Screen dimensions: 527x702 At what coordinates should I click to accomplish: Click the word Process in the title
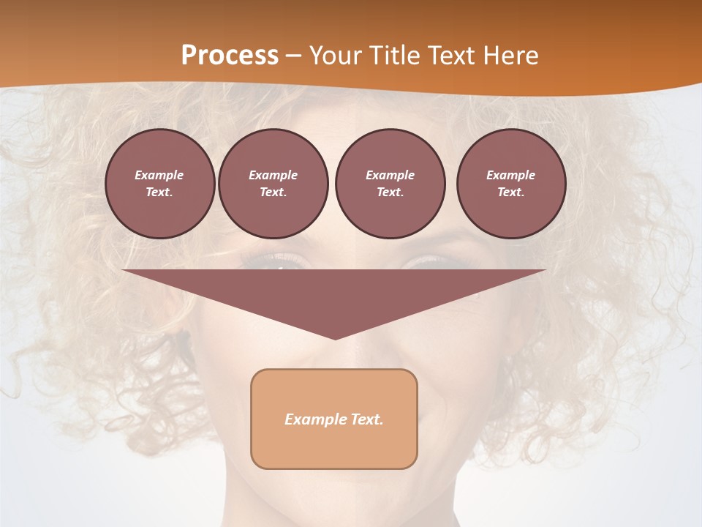tap(230, 55)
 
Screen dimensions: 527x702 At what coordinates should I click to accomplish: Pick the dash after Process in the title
tap(294, 56)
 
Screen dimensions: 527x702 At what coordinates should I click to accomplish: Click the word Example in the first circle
tap(159, 175)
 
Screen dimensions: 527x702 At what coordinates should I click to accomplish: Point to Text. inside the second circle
tap(273, 192)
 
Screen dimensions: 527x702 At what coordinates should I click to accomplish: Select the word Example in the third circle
tap(390, 175)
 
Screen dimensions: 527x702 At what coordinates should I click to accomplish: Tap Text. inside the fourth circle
tap(511, 192)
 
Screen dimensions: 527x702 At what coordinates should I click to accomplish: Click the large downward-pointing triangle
tap(334, 296)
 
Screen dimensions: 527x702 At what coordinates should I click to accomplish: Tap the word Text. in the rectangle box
tap(367, 419)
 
